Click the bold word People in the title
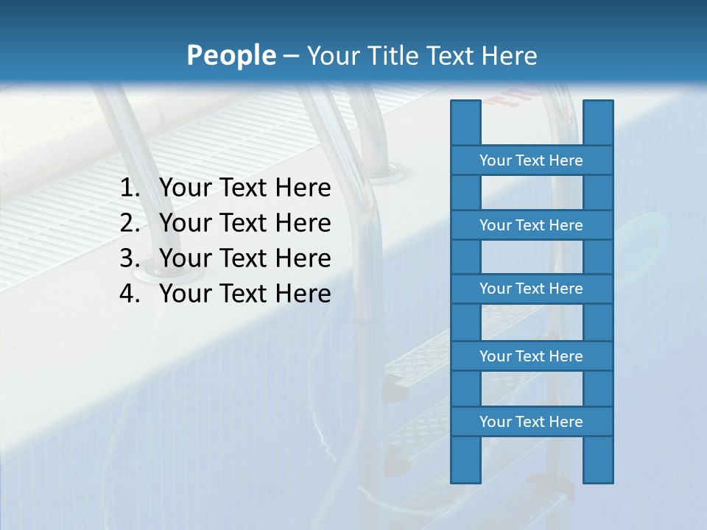tap(231, 55)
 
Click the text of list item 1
tap(245, 188)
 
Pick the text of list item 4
tap(245, 294)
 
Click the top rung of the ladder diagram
tap(531, 160)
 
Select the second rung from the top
tap(531, 225)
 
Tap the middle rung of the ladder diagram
tap(531, 289)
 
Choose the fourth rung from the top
tap(531, 356)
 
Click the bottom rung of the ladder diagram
tap(531, 422)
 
